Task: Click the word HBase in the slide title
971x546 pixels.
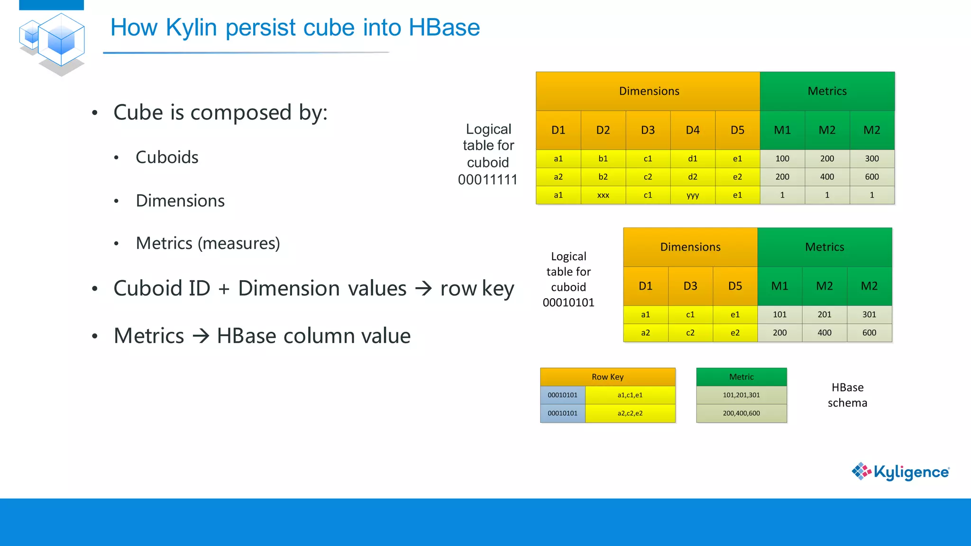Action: pyautogui.click(x=444, y=27)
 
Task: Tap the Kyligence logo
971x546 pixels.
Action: pyautogui.click(x=900, y=472)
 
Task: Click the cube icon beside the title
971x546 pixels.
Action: pyautogui.click(x=53, y=44)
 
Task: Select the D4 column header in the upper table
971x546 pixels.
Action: pyautogui.click(x=693, y=130)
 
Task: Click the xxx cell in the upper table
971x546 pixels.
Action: pyautogui.click(x=603, y=195)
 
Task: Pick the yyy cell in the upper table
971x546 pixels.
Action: pyautogui.click(x=693, y=195)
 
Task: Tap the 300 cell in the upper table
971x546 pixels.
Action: pyautogui.click(x=871, y=158)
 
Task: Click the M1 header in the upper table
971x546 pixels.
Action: pyautogui.click(x=782, y=130)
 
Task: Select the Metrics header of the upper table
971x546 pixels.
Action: pyautogui.click(x=827, y=91)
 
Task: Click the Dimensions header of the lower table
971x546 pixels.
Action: pyautogui.click(x=690, y=247)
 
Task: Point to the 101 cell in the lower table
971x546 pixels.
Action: pyautogui.click(x=779, y=314)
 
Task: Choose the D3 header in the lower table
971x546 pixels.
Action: pyautogui.click(x=690, y=286)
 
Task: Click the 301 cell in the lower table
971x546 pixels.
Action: pyautogui.click(x=869, y=314)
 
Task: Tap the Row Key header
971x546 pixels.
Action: pyautogui.click(x=607, y=377)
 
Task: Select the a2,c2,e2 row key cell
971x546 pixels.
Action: pyautogui.click(x=630, y=413)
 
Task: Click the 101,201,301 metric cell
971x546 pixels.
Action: pyautogui.click(x=741, y=395)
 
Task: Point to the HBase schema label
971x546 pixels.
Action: pyautogui.click(x=847, y=395)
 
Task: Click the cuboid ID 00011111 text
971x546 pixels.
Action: pyautogui.click(x=487, y=180)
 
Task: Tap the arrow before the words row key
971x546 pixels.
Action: pyautogui.click(x=423, y=288)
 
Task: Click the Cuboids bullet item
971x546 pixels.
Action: pyautogui.click(x=167, y=157)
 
